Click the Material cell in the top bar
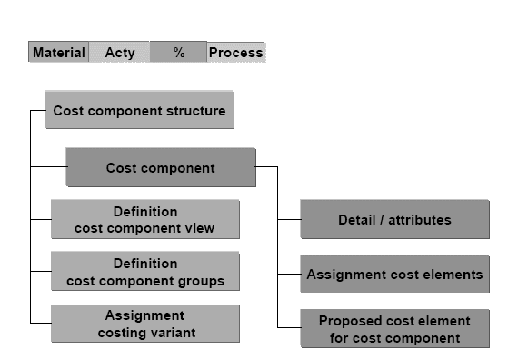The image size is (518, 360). click(58, 53)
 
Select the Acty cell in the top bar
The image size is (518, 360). click(119, 53)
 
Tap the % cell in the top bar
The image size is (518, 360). click(178, 53)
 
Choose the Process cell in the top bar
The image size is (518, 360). click(235, 53)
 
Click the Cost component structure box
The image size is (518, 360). click(139, 112)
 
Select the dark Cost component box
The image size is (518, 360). click(160, 168)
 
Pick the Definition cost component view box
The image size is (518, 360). click(145, 220)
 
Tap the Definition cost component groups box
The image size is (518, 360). click(145, 272)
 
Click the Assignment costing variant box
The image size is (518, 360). click(145, 324)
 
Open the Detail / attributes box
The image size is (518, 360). click(394, 220)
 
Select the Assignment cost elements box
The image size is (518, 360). click(394, 274)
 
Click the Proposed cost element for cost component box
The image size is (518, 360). click(394, 329)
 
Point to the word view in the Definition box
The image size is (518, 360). click(200, 228)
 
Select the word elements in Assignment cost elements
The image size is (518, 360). click(453, 274)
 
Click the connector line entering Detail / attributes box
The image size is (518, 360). click(289, 220)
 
